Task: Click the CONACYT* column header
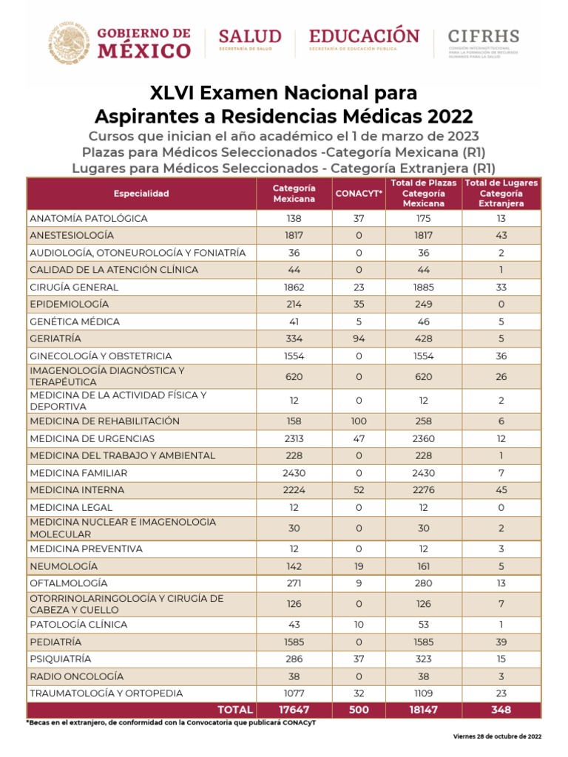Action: [x=359, y=194]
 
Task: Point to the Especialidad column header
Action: [x=141, y=194]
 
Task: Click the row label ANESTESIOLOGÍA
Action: [x=72, y=235]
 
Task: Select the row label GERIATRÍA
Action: [x=55, y=339]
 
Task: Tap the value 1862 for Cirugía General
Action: [x=294, y=287]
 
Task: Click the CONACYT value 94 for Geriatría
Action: [x=359, y=339]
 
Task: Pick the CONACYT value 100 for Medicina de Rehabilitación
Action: [x=359, y=421]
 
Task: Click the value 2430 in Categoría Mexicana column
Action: [x=294, y=473]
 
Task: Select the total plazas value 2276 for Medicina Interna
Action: [x=424, y=490]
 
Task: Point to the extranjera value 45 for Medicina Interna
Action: [x=501, y=490]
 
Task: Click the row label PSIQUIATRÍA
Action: [x=61, y=659]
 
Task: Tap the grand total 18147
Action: [x=424, y=710]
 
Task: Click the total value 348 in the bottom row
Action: [x=501, y=710]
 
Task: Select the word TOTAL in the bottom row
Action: [x=235, y=710]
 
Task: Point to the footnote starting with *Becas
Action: [x=171, y=722]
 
